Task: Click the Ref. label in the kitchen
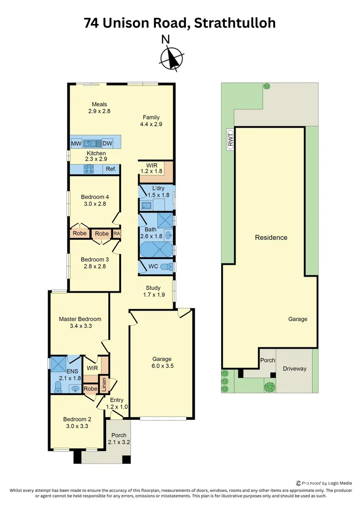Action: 111,169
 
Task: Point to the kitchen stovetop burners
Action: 89,169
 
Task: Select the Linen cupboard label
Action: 103,384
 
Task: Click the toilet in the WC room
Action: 165,267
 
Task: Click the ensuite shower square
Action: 59,364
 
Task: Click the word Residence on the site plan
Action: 271,238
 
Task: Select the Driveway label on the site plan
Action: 294,369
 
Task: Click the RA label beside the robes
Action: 116,233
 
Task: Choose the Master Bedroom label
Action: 80,319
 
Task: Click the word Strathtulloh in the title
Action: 235,22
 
